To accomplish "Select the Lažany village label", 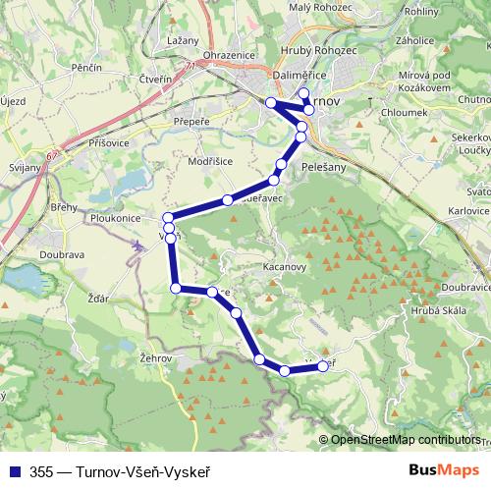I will click(184, 40).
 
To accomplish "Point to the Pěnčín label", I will click(87, 67).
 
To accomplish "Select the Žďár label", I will click(98, 297).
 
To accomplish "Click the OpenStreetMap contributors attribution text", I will click(406, 441).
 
